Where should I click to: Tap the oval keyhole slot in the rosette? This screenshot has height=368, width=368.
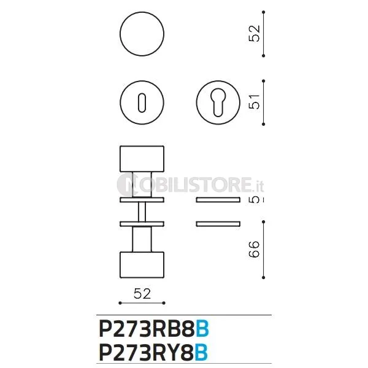[x=142, y=103]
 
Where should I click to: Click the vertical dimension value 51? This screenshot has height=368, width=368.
[x=255, y=102]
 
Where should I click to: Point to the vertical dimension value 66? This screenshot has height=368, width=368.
[x=255, y=249]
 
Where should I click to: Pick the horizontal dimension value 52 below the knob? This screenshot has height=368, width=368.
[x=142, y=293]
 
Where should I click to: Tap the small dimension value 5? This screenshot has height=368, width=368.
[x=255, y=199]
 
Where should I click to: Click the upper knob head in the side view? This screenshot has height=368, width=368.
[x=142, y=159]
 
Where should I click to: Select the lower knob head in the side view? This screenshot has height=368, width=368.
[x=142, y=265]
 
